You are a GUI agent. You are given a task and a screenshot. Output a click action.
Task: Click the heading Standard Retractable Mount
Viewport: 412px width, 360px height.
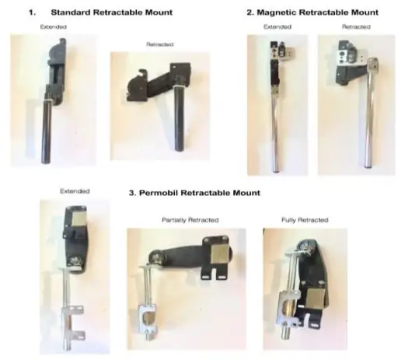112,12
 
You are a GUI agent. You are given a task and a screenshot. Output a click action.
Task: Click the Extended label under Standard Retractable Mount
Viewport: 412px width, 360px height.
54,26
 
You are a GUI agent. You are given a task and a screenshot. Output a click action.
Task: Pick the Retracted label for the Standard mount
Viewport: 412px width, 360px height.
160,44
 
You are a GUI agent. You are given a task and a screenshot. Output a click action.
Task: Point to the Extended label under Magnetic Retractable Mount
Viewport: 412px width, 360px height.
278,26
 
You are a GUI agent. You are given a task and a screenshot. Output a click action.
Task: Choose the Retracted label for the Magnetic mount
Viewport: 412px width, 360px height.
356,26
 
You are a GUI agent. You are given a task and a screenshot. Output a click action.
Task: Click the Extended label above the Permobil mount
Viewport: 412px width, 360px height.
75,191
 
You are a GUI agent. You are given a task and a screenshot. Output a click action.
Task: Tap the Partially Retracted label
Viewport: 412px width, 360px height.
190,220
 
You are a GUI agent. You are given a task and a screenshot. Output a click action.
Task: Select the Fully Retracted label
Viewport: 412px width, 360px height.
305,220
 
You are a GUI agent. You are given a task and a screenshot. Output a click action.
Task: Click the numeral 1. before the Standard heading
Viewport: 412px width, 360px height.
32,12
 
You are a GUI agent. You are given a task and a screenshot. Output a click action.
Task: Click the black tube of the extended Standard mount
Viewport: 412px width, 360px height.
46,131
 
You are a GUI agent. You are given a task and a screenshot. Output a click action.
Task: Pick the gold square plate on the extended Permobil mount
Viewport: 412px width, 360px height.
79,218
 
